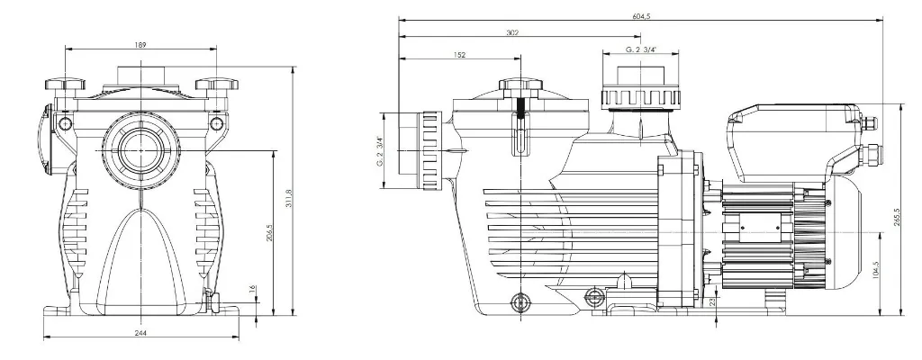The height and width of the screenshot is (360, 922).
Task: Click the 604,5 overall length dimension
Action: click(641, 16)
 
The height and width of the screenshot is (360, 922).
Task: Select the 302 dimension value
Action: click(512, 33)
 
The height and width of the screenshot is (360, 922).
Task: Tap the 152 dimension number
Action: click(460, 55)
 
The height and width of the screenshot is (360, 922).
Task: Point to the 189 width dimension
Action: click(140, 45)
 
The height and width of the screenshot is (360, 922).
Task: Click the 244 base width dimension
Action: click(140, 333)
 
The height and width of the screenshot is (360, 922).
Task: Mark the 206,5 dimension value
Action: click(270, 232)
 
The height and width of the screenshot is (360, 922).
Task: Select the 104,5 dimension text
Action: click(875, 274)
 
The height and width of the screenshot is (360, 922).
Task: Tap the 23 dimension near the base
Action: click(712, 302)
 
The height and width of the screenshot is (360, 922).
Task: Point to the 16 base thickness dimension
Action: click(252, 290)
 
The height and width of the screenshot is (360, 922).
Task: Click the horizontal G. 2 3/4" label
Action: click(641, 49)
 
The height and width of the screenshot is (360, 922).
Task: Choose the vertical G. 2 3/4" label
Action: click(381, 150)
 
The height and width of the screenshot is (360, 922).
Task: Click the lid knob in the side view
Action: click(520, 85)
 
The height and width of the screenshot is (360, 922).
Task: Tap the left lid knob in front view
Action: click(65, 85)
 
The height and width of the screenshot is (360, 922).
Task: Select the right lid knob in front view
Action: click(217, 85)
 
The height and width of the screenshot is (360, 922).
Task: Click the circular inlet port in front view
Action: click(140, 149)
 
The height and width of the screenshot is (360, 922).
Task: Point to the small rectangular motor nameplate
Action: click(760, 227)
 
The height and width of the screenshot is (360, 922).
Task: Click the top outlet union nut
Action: click(640, 97)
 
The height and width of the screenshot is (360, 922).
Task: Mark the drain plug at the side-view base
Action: click(520, 302)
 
